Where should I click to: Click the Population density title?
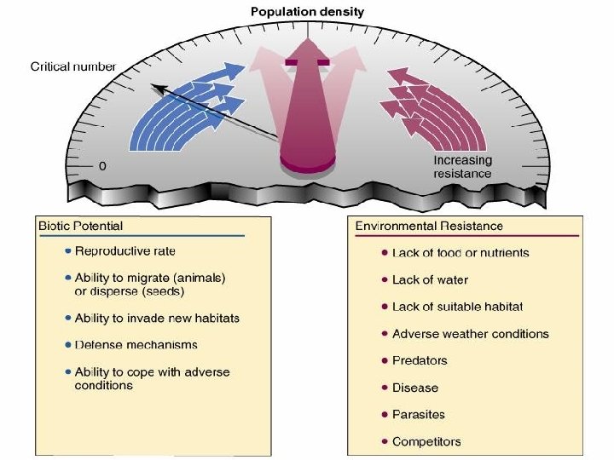click(307, 12)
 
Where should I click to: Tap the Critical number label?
click(73, 66)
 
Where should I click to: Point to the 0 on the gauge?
click(102, 165)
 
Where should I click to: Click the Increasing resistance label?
click(462, 167)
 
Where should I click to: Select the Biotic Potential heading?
click(81, 226)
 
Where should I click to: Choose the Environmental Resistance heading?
click(429, 226)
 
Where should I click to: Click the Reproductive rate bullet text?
click(125, 251)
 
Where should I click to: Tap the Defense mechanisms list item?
click(136, 345)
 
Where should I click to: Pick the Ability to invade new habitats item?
click(158, 318)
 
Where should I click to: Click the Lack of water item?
click(430, 279)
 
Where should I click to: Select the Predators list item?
click(420, 360)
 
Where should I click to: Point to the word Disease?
click(415, 388)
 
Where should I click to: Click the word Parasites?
click(419, 415)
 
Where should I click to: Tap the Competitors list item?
click(426, 441)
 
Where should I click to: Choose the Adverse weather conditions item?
click(471, 334)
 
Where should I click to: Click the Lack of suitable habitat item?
click(457, 307)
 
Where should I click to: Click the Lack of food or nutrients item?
click(460, 253)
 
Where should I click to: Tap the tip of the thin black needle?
click(153, 84)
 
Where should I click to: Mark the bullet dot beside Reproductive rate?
click(67, 252)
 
